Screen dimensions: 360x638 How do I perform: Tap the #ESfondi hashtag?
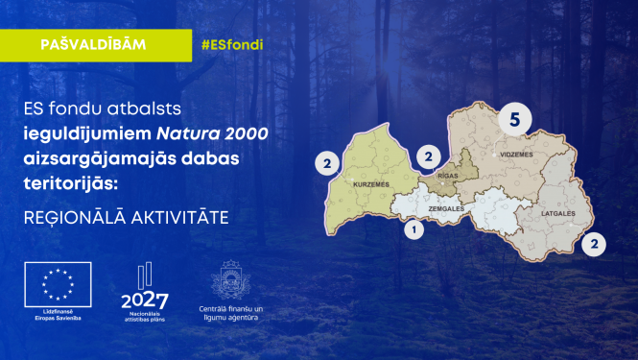(231, 45)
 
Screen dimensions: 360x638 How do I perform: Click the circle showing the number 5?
(515, 120)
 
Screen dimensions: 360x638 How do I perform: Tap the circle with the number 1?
(414, 230)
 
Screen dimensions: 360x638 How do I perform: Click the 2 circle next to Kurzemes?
(328, 164)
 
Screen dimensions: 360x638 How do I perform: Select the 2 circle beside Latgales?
(596, 244)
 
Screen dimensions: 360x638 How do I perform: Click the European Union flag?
(58, 283)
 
